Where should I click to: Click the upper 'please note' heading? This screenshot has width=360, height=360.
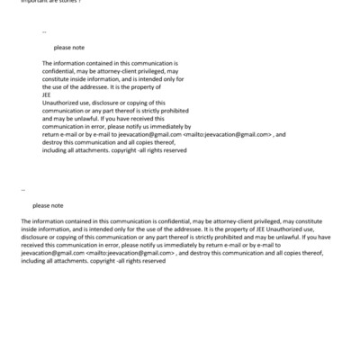67,48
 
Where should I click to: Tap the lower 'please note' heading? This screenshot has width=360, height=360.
48,205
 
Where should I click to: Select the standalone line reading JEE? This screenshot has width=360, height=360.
47,91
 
